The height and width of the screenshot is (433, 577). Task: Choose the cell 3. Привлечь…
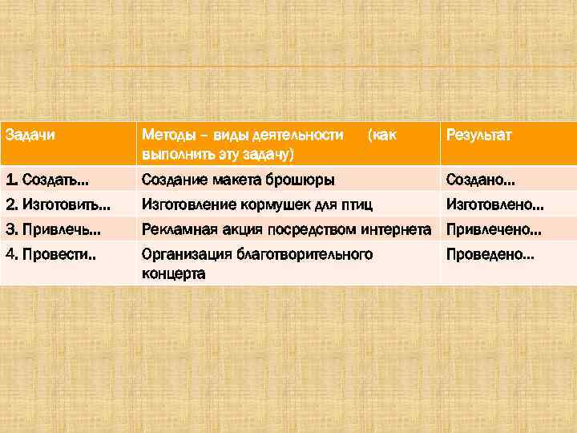(x=53, y=230)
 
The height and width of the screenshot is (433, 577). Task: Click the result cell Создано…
(x=480, y=180)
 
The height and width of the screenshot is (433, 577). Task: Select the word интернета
(x=397, y=230)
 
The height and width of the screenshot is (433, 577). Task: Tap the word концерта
(x=173, y=273)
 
